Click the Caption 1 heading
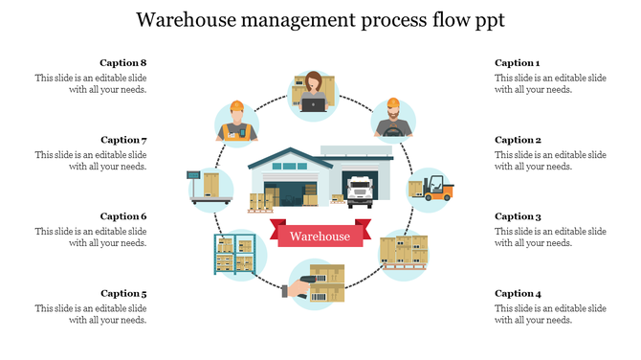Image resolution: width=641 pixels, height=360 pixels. (518, 63)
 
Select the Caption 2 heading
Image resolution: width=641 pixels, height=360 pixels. (518, 140)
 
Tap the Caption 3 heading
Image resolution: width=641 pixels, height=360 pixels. (518, 216)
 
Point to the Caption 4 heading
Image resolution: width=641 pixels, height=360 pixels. (518, 293)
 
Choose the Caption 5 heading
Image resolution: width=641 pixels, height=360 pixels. (123, 293)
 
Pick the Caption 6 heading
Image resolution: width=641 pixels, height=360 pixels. (123, 216)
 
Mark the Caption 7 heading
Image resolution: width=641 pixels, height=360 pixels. (123, 140)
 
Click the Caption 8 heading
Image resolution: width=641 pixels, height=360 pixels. (123, 63)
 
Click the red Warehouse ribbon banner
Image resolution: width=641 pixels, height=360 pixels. (320, 236)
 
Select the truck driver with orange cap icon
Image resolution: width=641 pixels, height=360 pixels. (391, 119)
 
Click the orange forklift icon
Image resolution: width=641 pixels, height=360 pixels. (431, 188)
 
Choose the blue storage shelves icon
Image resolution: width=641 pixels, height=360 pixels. (234, 256)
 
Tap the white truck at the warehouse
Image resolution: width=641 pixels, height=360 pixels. (360, 191)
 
